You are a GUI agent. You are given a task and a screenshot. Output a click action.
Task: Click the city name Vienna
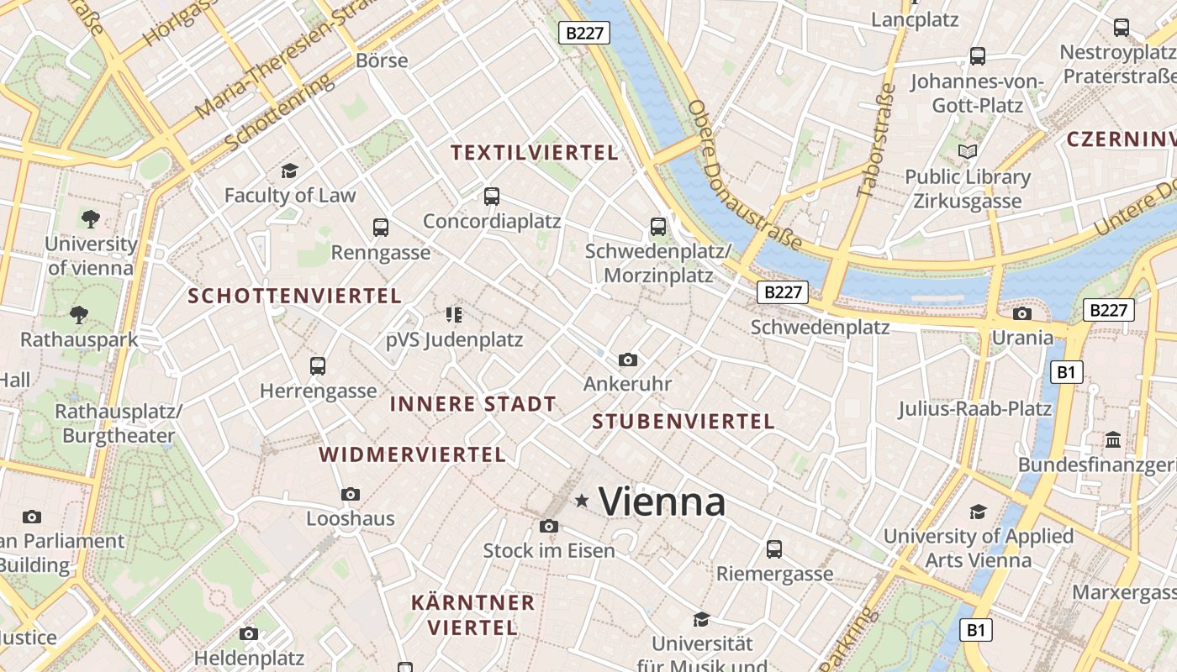coord(662,502)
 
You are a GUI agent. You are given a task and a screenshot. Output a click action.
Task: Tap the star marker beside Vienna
coord(581,501)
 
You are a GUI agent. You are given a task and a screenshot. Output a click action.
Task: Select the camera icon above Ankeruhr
coord(627,360)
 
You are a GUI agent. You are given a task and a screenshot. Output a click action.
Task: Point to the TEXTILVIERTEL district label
coord(535,153)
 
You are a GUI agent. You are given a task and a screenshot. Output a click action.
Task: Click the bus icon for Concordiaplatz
coord(492,197)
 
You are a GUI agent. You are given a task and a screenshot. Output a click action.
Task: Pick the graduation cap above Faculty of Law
coord(290,171)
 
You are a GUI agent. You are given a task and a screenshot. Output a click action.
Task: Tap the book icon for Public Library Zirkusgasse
coord(968,152)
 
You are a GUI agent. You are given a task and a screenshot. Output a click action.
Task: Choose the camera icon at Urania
coord(1022,314)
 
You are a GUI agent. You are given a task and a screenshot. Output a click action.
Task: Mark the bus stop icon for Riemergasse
coord(774,549)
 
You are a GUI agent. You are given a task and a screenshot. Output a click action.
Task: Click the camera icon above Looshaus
coord(351,494)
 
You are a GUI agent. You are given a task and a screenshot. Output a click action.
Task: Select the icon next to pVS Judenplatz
coord(454,315)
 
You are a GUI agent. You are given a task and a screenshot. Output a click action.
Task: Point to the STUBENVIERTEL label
coord(684,422)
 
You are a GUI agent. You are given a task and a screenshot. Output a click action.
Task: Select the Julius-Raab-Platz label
coord(975,409)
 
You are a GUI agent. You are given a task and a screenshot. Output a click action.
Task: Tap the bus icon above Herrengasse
coord(318,366)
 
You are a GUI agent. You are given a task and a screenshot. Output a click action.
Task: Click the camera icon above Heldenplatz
coord(249,633)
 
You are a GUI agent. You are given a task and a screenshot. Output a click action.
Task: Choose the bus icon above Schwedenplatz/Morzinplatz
coord(658,226)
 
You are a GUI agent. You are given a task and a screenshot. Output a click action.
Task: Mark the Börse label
coord(382,60)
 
